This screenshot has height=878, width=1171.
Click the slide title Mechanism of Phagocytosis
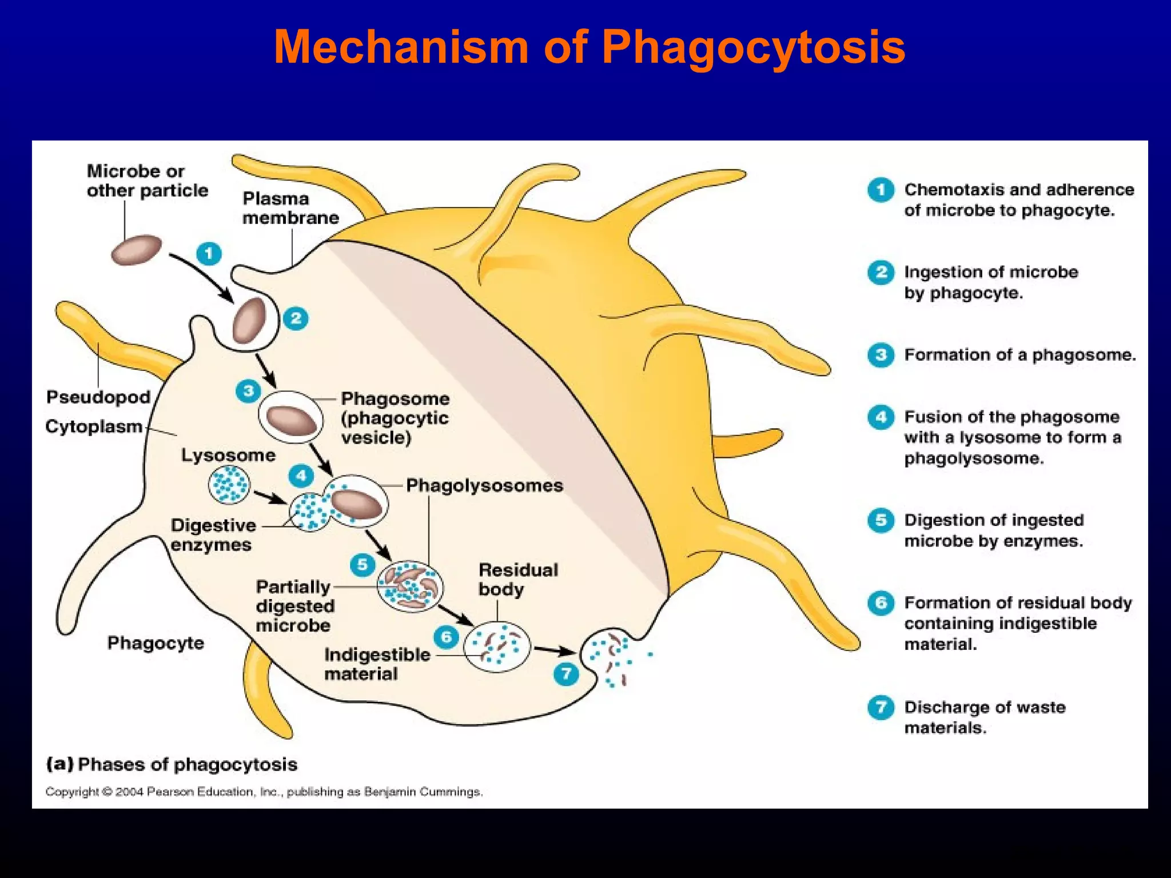pyautogui.click(x=589, y=47)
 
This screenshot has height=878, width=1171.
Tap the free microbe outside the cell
pyautogui.click(x=136, y=250)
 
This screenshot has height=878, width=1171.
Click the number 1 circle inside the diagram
pyautogui.click(x=209, y=253)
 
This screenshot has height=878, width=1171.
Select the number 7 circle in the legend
pyautogui.click(x=881, y=708)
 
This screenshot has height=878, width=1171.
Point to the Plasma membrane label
pyautogui.click(x=290, y=208)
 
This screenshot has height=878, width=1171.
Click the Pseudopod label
pyautogui.click(x=98, y=397)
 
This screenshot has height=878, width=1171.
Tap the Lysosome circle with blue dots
pyautogui.click(x=229, y=485)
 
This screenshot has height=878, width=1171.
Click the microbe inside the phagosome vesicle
pyautogui.click(x=292, y=420)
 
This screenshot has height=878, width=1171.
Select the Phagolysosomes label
pyautogui.click(x=484, y=485)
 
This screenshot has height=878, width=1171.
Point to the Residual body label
pyautogui.click(x=517, y=579)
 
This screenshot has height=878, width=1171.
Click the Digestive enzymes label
pyautogui.click(x=212, y=535)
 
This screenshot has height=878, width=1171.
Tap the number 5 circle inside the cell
pyautogui.click(x=363, y=565)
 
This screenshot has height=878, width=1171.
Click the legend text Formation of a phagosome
pyautogui.click(x=1019, y=355)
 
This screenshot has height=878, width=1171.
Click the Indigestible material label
pyautogui.click(x=376, y=664)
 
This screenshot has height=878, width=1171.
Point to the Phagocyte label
pyautogui.click(x=156, y=642)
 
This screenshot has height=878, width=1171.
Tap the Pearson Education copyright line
pyautogui.click(x=264, y=792)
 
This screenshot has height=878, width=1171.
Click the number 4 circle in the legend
pyautogui.click(x=881, y=417)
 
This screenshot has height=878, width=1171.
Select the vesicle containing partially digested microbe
pyautogui.click(x=409, y=586)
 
